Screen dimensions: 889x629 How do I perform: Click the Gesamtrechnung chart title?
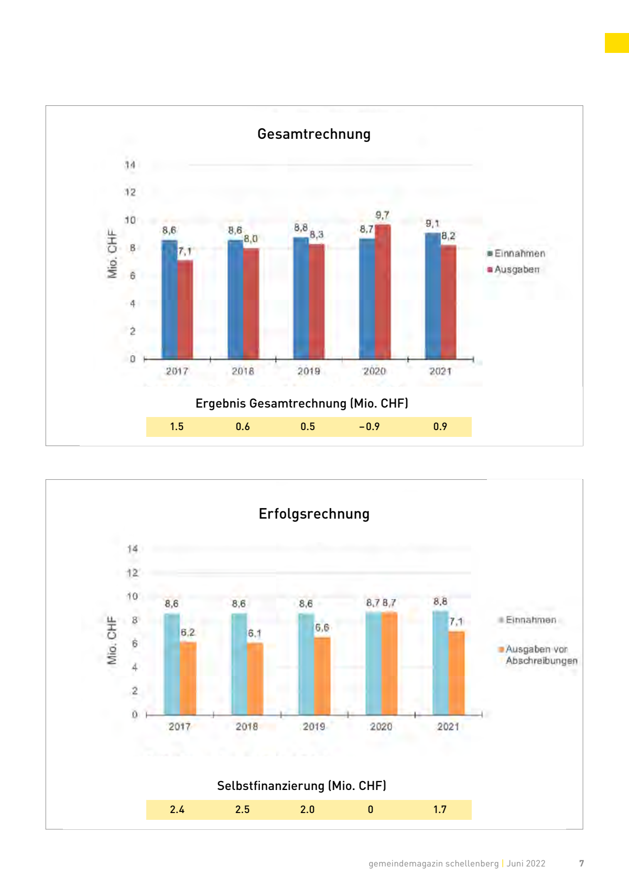click(x=314, y=134)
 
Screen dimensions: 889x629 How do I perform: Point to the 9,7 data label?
click(x=382, y=215)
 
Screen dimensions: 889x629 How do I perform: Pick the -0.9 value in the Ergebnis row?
click(x=370, y=426)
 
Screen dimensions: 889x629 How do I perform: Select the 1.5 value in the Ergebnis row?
click(x=177, y=426)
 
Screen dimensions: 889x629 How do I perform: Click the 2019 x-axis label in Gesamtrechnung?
click(x=309, y=371)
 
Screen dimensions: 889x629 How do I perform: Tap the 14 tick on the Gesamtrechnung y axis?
click(x=130, y=165)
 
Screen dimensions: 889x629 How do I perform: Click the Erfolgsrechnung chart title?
click(x=314, y=514)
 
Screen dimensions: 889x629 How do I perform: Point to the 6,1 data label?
click(x=254, y=633)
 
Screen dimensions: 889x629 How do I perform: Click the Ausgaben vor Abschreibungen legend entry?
click(x=540, y=655)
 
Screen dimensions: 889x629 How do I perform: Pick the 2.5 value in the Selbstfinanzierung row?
click(x=242, y=809)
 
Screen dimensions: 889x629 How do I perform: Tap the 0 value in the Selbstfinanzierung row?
click(x=371, y=809)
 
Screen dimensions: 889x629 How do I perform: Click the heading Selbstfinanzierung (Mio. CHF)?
click(x=301, y=786)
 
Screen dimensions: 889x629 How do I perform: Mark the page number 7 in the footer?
click(x=581, y=863)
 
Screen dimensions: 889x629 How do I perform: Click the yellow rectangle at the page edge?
click(x=617, y=43)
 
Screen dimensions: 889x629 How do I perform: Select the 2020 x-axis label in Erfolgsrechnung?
click(x=381, y=727)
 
